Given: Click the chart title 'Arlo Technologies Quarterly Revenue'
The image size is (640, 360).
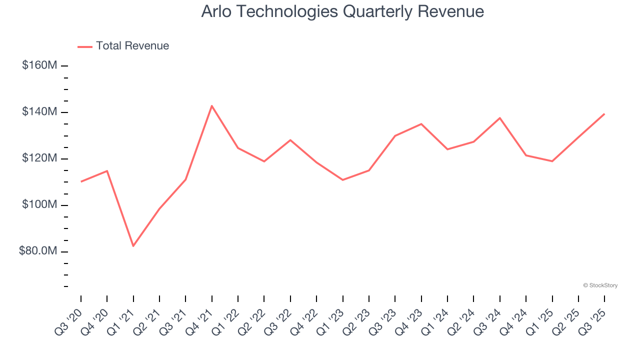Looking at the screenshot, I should [342, 11].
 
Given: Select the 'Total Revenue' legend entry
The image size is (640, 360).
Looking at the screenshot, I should [132, 46].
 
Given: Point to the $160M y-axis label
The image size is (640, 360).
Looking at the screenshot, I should [39, 65].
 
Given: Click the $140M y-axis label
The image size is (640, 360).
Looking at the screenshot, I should [39, 112].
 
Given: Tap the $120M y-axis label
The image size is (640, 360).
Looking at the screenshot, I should [39, 158].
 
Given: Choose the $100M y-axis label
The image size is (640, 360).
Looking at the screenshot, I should [39, 205].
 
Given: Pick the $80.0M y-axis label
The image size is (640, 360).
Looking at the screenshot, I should [38, 251].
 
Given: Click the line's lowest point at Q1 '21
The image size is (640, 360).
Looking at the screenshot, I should [133, 246].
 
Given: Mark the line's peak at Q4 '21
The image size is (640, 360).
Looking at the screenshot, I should [212, 106].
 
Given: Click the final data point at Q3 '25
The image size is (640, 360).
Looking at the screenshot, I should [604, 114].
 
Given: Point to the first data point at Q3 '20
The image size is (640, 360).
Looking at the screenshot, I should [81, 181].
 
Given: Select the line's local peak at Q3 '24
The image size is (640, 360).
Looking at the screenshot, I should [500, 118].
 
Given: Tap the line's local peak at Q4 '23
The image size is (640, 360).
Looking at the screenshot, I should [421, 123].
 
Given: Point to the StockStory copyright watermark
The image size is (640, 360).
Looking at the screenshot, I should [600, 285].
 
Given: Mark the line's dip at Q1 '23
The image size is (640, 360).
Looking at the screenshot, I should [343, 180].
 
